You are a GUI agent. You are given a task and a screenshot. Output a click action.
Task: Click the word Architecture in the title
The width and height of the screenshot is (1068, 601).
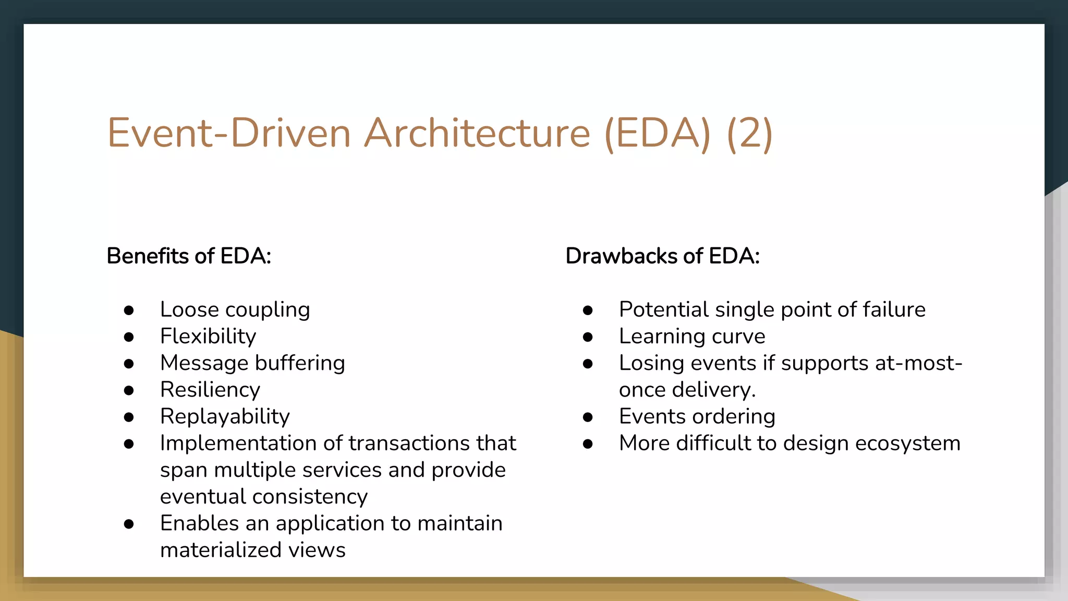click(x=477, y=133)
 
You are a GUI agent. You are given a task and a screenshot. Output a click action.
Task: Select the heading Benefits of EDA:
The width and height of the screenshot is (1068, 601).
click(x=189, y=256)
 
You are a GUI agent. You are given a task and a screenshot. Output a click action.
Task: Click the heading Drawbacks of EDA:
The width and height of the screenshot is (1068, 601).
click(x=662, y=256)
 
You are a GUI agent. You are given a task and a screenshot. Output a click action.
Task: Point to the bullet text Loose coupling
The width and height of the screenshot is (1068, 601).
click(x=235, y=310)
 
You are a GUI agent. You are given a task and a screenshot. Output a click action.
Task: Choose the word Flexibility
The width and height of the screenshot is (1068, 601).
click(x=208, y=336)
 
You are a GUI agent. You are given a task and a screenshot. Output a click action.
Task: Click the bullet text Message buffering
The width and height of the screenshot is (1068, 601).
click(x=252, y=363)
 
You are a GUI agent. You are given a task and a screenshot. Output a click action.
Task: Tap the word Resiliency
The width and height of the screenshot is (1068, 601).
click(x=210, y=390)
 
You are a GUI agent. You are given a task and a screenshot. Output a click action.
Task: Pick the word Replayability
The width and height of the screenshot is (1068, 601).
click(x=225, y=416)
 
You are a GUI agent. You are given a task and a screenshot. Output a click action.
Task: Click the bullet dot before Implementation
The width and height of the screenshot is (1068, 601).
click(x=129, y=444)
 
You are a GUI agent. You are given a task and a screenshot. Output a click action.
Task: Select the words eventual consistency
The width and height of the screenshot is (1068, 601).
click(x=263, y=497)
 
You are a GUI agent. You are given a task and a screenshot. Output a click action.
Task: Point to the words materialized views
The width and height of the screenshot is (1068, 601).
click(x=252, y=550)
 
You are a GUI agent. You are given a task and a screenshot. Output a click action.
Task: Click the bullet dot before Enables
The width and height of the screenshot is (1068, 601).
click(x=129, y=524)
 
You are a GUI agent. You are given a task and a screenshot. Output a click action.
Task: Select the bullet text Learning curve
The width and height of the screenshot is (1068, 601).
click(x=691, y=336)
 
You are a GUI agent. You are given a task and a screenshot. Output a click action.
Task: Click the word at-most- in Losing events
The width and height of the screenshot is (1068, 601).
click(x=918, y=363)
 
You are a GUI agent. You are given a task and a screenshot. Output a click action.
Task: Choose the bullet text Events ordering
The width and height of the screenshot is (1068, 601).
click(x=697, y=416)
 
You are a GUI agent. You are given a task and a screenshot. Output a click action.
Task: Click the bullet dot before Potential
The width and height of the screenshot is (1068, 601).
click(x=588, y=310)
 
